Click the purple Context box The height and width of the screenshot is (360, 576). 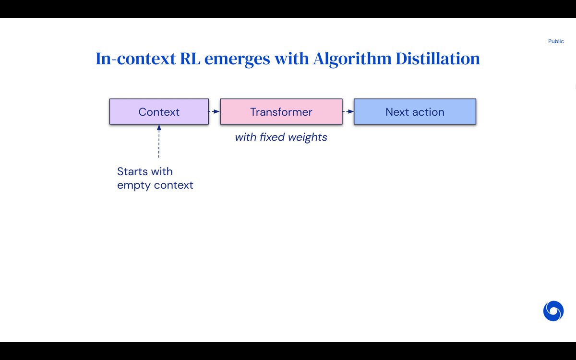click(159, 111)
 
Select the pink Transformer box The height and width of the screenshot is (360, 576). click(281, 111)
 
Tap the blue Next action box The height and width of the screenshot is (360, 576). click(415, 111)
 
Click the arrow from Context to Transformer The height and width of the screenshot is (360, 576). click(214, 111)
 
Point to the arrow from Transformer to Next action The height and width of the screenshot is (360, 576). click(348, 111)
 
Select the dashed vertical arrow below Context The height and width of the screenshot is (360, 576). click(159, 141)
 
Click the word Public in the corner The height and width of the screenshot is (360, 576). click(556, 41)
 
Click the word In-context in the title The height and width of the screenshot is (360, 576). click(135, 59)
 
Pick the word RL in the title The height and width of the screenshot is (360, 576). click(190, 59)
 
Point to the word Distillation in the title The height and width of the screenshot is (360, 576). click(438, 59)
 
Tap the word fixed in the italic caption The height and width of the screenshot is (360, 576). click(272, 137)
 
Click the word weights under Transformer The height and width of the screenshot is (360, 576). click(308, 138)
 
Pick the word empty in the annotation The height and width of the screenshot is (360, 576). click(134, 186)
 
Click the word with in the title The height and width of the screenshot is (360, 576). click(291, 59)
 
